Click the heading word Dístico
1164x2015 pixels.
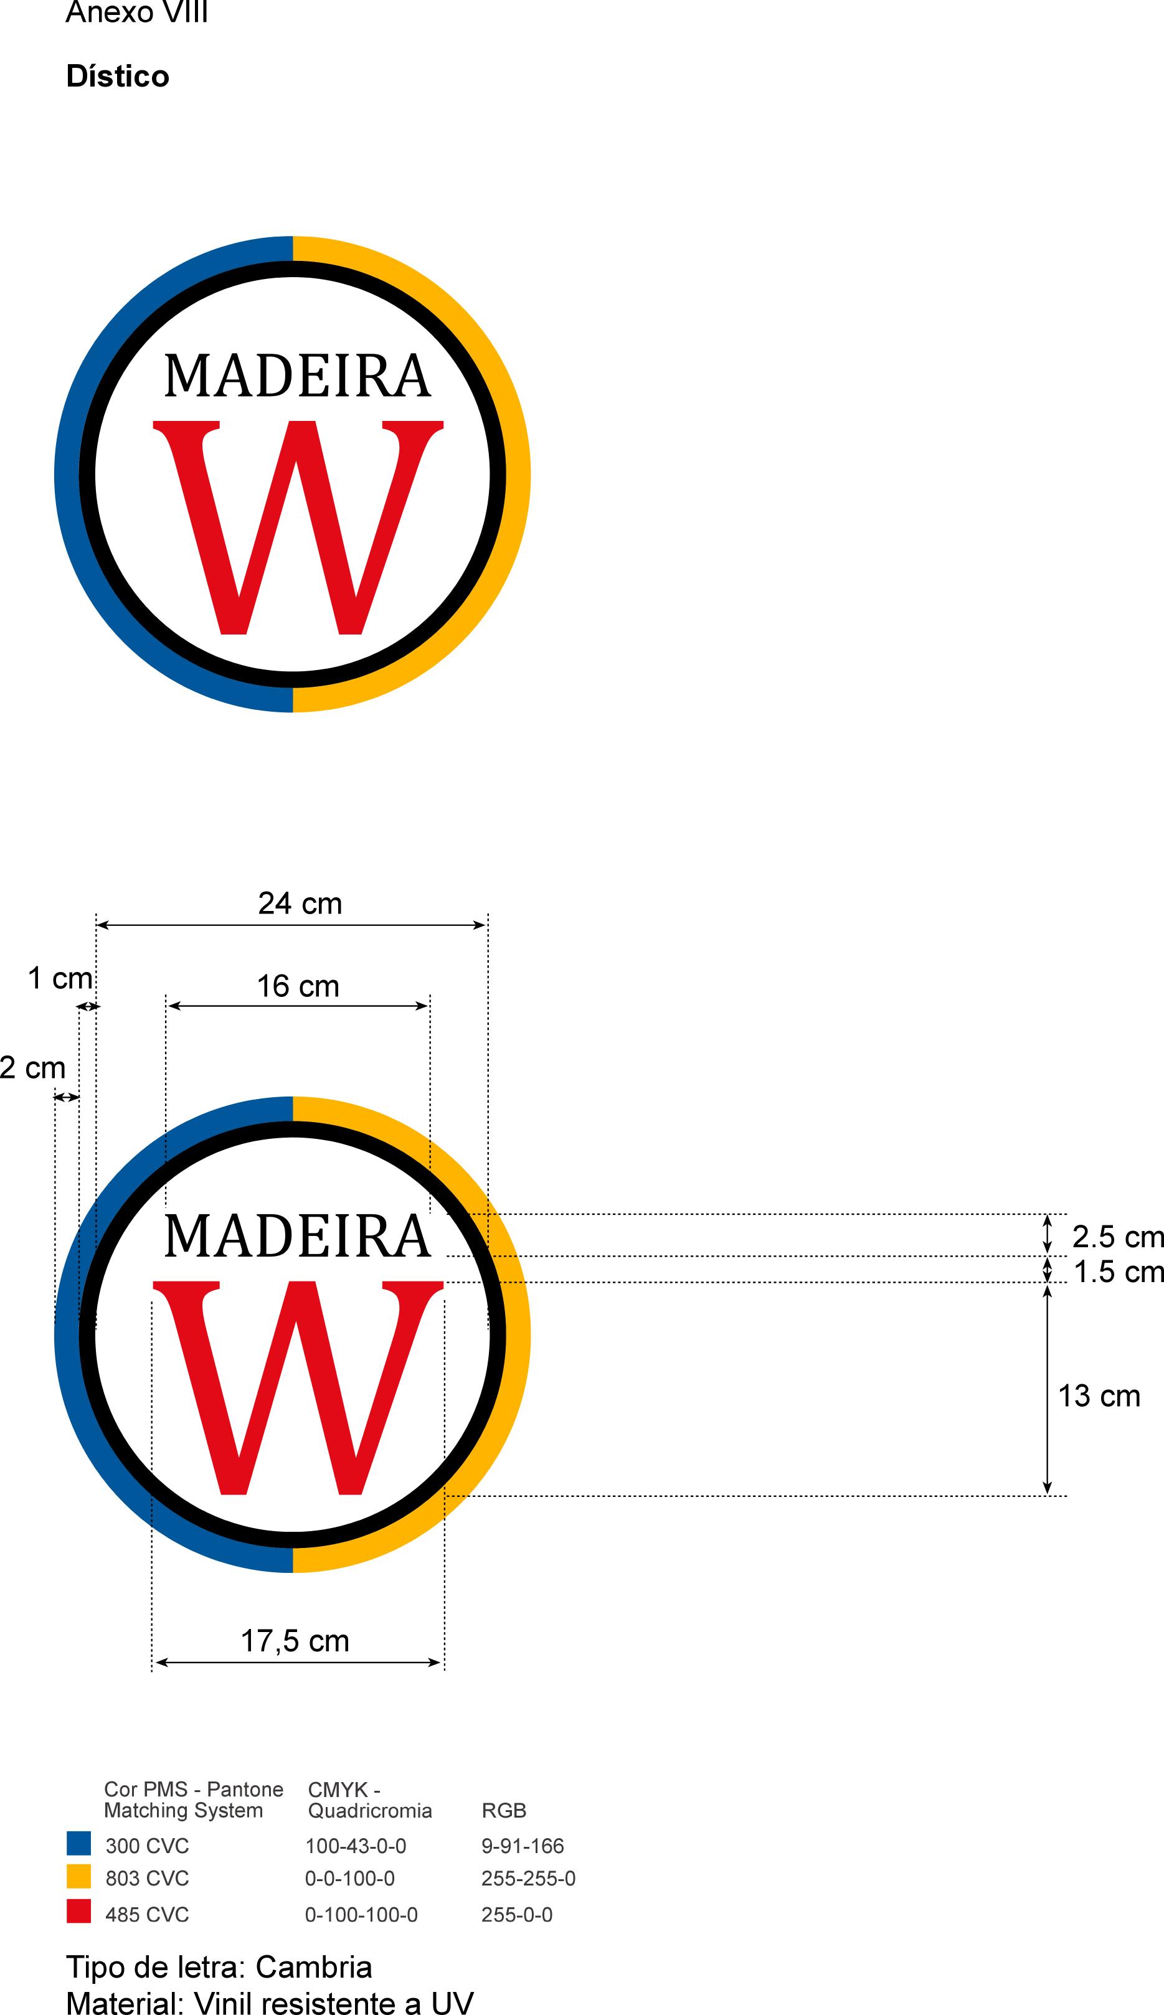[x=118, y=77]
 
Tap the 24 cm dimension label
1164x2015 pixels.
[x=300, y=903]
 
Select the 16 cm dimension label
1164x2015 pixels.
[x=298, y=986]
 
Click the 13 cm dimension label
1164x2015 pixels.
[x=1099, y=1395]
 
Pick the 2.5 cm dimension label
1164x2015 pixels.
[x=1117, y=1237]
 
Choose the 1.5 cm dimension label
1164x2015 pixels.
[x=1117, y=1272]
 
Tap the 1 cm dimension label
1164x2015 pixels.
[x=60, y=978]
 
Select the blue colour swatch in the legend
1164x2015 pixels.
[x=78, y=1843]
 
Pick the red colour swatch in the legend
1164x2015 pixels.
[x=78, y=1910]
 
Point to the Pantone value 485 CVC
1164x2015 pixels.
[x=147, y=1914]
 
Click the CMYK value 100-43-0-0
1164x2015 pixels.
[x=356, y=1846]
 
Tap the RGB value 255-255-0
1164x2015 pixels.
[x=528, y=1879]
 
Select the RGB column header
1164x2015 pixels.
[x=504, y=1810]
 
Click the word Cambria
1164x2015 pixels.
[x=313, y=1967]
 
